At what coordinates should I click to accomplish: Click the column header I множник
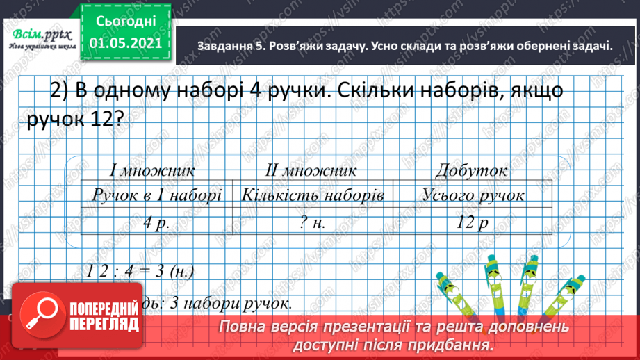tap(151, 170)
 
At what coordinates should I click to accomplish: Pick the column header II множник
tap(311, 170)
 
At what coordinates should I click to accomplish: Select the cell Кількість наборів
tap(313, 195)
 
